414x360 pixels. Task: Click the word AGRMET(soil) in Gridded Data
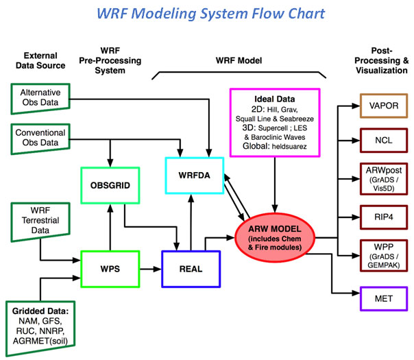40,341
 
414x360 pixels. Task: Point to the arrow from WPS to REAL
151,269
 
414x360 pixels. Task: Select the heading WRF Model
239,60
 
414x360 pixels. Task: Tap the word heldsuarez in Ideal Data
289,146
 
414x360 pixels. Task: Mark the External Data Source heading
40,60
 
